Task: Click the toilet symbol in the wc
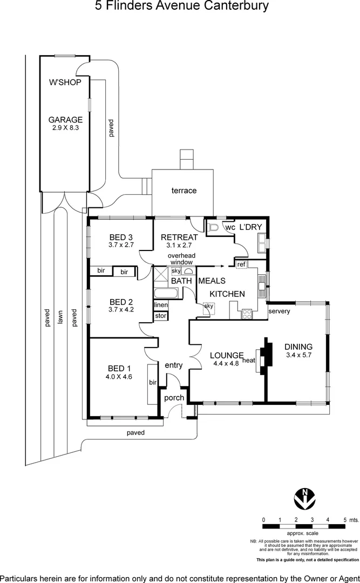tap(214, 227)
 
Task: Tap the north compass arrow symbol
tap(304, 499)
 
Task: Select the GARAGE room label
tap(65, 120)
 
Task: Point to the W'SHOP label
tap(65, 82)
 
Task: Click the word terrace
tap(184, 191)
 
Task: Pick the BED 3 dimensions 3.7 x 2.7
tap(121, 245)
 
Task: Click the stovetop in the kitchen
tap(247, 314)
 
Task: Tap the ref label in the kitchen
tap(241, 265)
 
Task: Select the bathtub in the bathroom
tap(166, 293)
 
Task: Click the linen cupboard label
tap(161, 305)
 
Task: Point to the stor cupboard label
tap(161, 316)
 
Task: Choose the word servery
tap(279, 311)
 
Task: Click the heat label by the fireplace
tap(249, 360)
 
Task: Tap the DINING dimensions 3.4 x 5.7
tap(298, 355)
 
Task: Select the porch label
tap(174, 398)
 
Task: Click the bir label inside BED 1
tap(153, 382)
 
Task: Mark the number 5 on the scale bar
tap(345, 520)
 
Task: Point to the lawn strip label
tap(60, 317)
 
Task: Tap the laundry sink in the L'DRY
tap(262, 243)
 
